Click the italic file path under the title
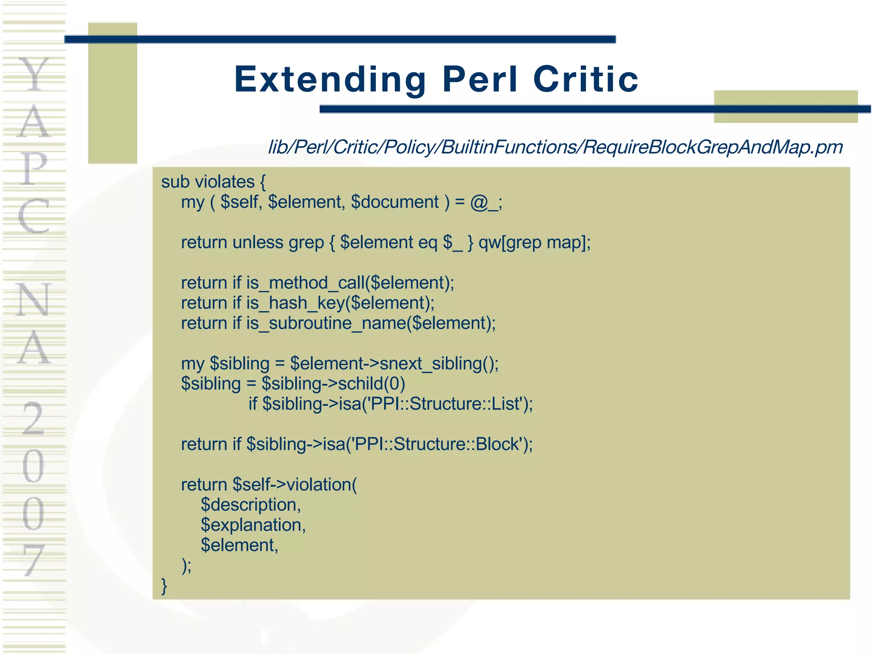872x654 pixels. (x=555, y=147)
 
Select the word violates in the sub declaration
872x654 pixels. (x=224, y=182)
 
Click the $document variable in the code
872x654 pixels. (x=395, y=202)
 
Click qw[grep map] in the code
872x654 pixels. (x=534, y=243)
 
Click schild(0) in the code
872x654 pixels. (x=371, y=384)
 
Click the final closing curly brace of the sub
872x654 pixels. (x=164, y=585)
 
